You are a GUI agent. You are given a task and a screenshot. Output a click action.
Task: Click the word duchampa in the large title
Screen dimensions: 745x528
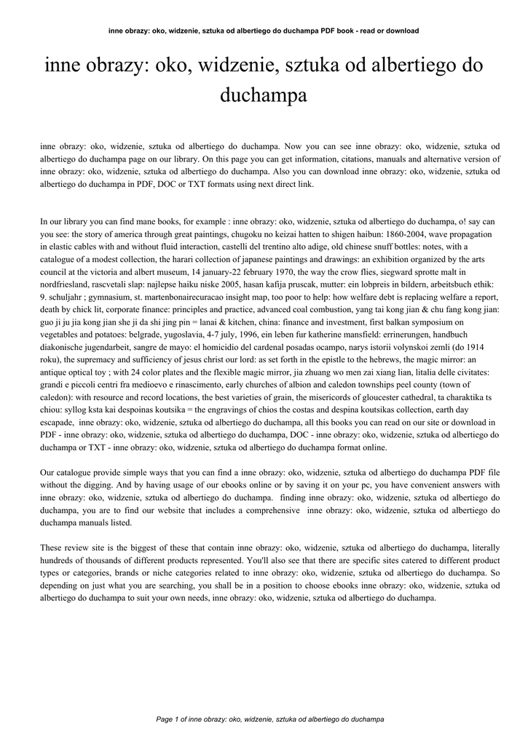(264, 95)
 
